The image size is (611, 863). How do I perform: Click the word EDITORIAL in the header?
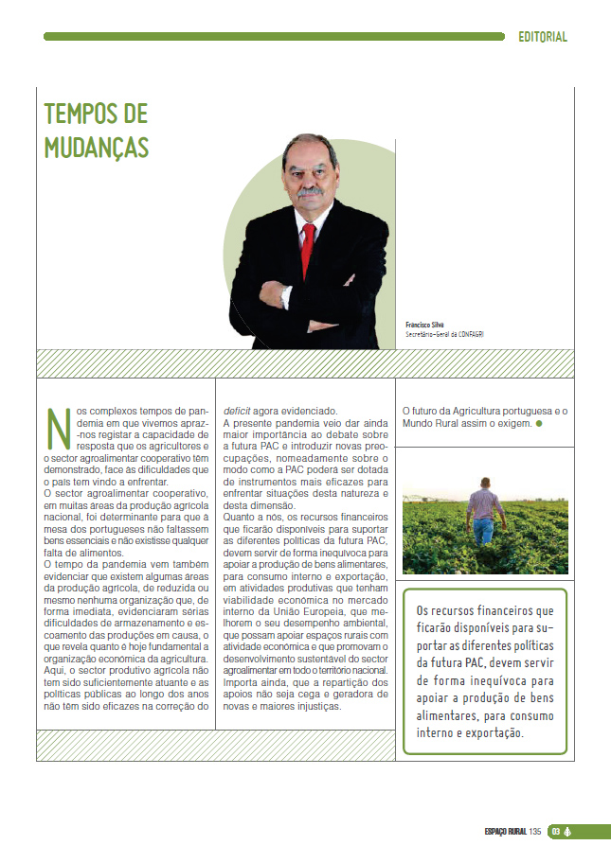click(543, 37)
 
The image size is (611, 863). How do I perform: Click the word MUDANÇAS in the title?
click(97, 148)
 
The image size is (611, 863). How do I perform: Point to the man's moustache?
click(312, 191)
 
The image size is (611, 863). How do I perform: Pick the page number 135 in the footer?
click(535, 833)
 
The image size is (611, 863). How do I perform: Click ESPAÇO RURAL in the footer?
click(505, 833)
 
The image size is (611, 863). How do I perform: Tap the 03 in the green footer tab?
click(557, 833)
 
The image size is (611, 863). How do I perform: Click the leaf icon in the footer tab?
click(569, 833)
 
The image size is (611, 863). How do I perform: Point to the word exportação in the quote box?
click(506, 733)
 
